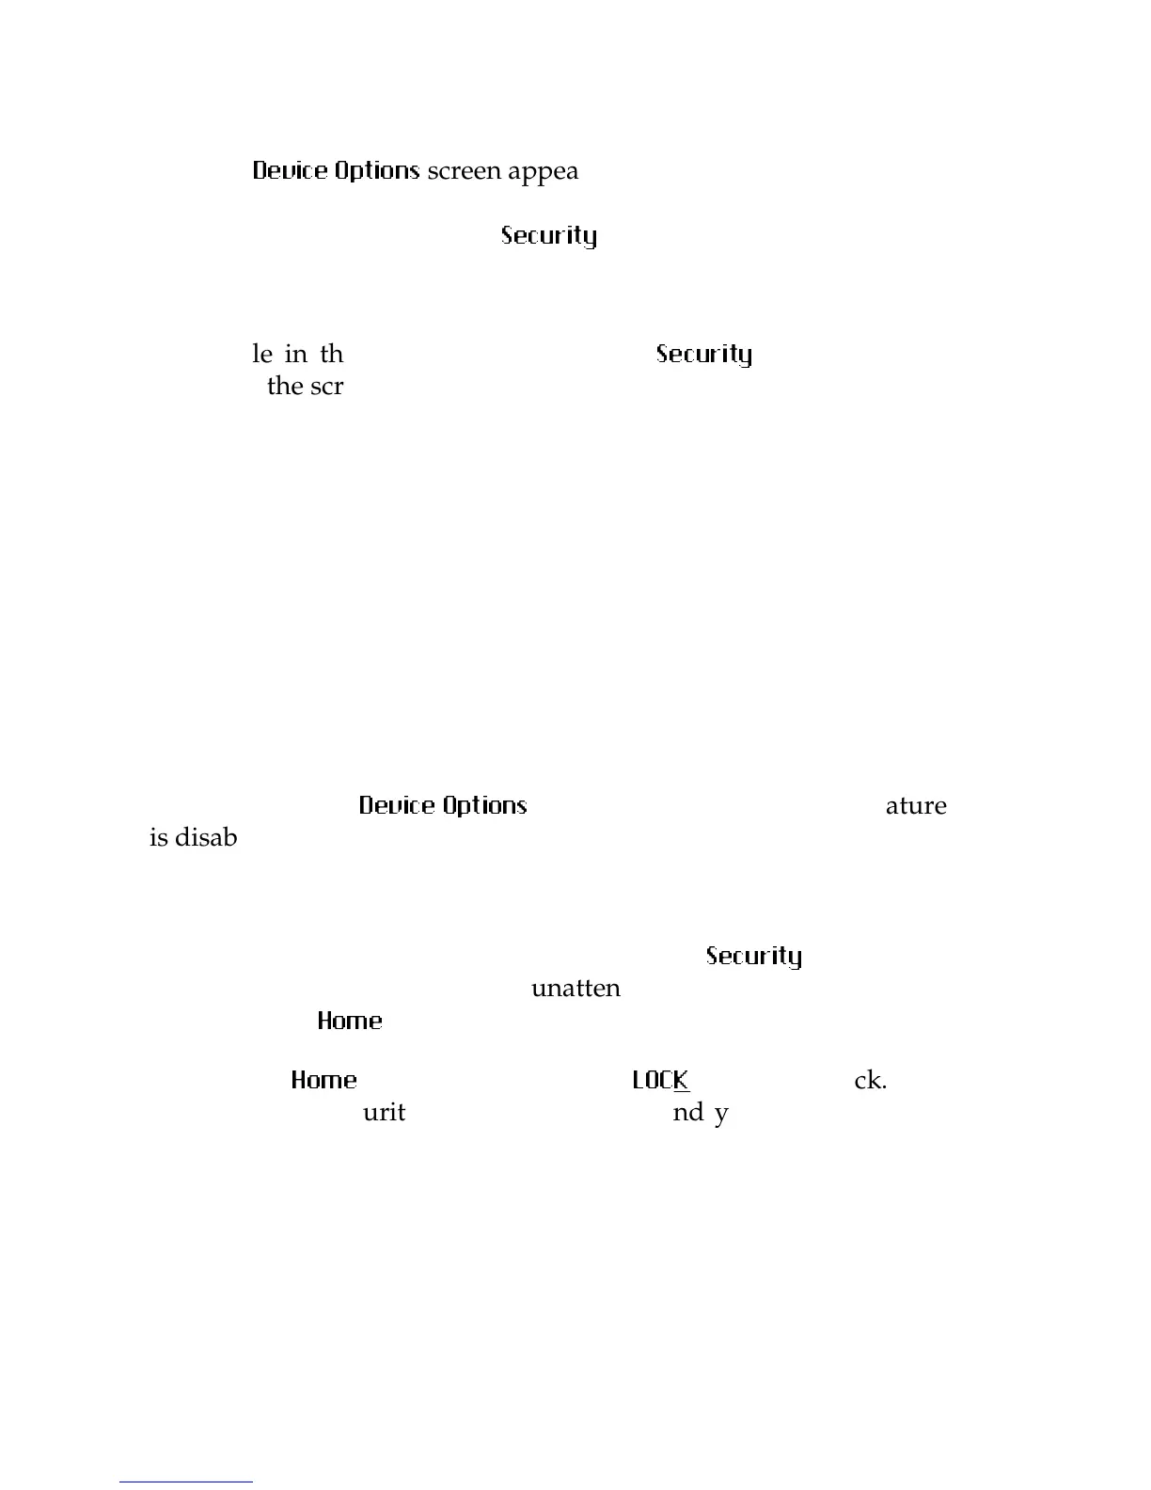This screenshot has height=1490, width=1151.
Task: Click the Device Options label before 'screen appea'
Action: [336, 171]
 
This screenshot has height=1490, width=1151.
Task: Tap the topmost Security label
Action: [549, 235]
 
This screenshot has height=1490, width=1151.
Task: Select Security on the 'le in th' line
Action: [704, 354]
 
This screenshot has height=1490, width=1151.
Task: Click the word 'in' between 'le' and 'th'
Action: [295, 354]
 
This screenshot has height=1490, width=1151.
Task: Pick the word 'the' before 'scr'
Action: [285, 386]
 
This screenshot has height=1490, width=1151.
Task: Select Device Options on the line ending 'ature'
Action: [443, 805]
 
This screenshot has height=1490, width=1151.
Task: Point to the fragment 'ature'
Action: [916, 806]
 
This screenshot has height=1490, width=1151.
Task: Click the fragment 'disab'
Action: [206, 837]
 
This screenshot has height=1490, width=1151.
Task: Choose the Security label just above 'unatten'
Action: [754, 956]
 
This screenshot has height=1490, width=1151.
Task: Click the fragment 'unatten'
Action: [575, 989]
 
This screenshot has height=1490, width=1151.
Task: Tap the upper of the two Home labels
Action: [350, 1021]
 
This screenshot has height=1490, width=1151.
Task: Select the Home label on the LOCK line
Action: [324, 1080]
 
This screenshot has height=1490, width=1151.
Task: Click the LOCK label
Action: [661, 1080]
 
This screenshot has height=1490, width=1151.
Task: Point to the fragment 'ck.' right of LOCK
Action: [870, 1081]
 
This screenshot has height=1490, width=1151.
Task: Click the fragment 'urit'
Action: [384, 1113]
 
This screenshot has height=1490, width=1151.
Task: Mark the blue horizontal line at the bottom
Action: [186, 1482]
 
